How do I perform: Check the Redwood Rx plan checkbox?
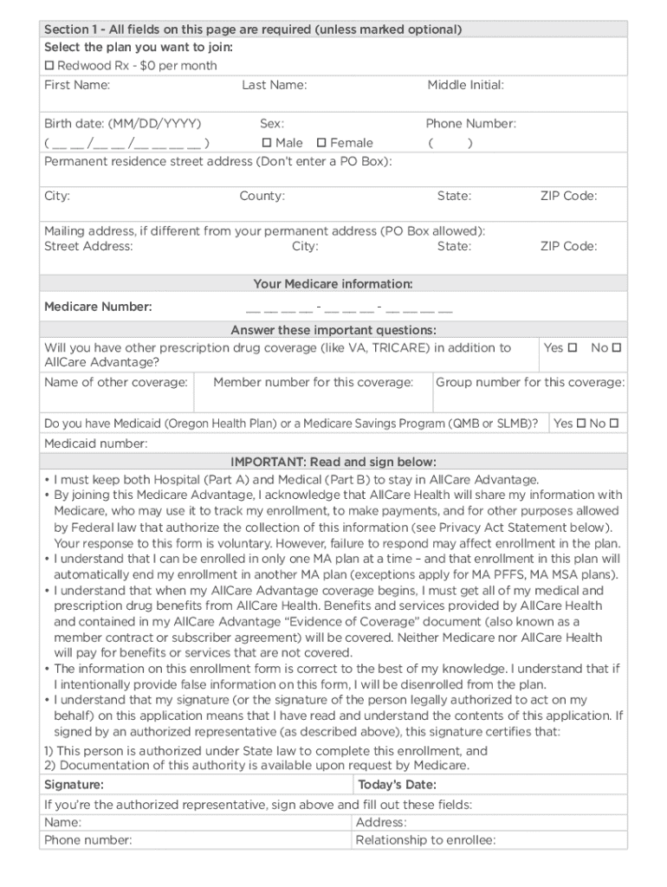point(49,66)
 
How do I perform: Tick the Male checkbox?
point(267,143)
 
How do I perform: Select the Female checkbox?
point(321,143)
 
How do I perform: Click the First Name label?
point(77,85)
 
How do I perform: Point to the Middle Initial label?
point(465,85)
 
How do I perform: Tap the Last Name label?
point(275,85)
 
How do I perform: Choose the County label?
point(262,197)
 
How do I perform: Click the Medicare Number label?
point(98,307)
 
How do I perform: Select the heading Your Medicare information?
point(333,284)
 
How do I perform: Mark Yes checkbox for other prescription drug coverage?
point(572,348)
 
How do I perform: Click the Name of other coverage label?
point(116,382)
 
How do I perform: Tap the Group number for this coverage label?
point(529,382)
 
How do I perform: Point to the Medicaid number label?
point(96,443)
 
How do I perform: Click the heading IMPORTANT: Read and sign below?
point(333,462)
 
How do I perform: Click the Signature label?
point(74,785)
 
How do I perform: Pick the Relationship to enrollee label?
point(425,840)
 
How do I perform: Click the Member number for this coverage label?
point(313,382)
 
